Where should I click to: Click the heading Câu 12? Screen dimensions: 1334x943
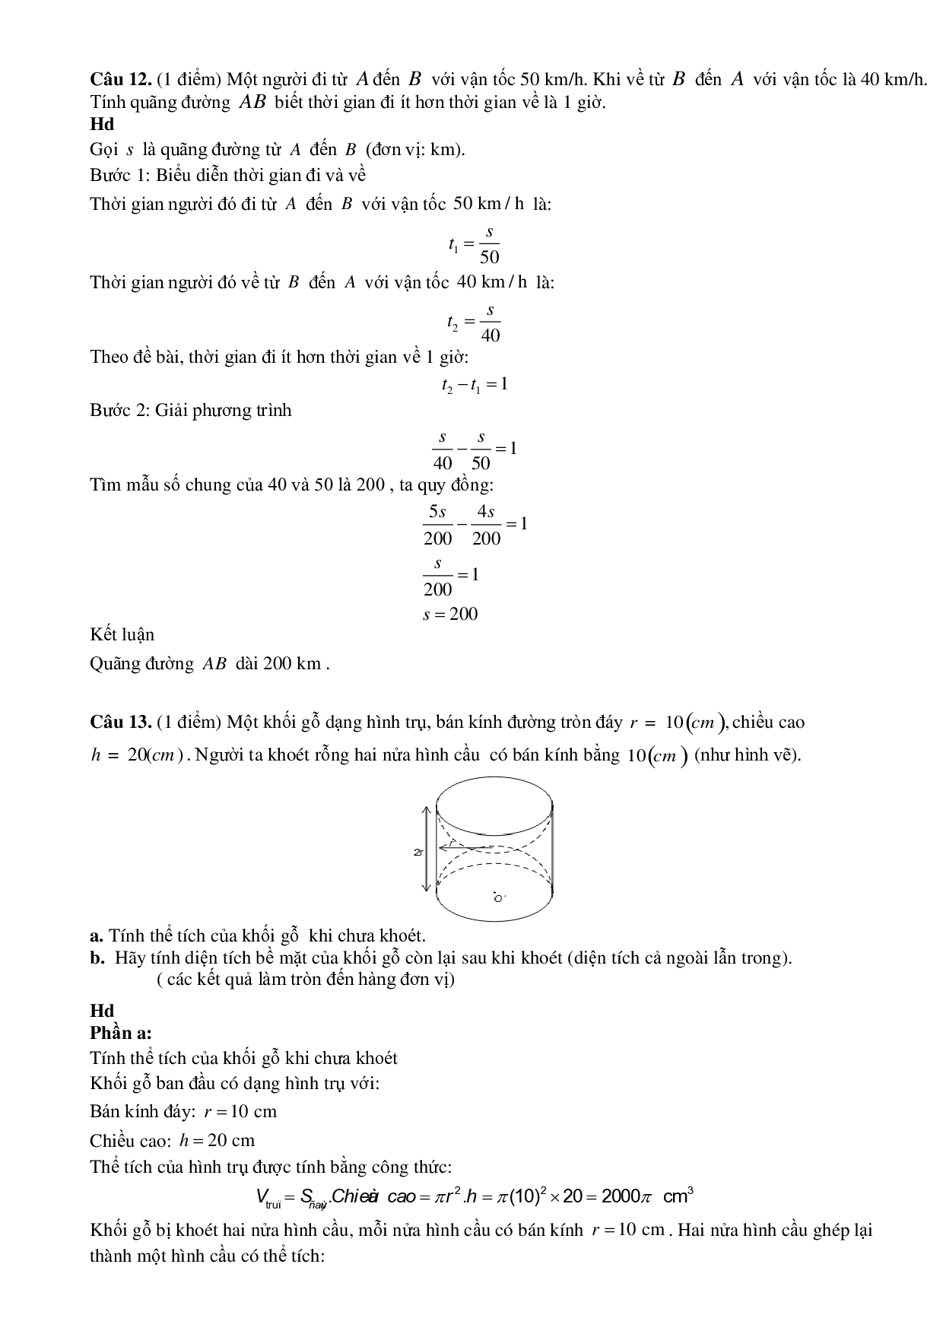(x=113, y=79)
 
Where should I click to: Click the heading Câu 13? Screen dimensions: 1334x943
(x=113, y=721)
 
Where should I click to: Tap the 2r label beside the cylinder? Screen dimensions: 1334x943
(x=418, y=852)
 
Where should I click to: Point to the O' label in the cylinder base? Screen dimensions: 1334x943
(x=499, y=898)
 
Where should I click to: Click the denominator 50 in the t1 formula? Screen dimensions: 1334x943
(x=490, y=257)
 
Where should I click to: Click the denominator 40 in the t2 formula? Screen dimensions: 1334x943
(x=491, y=335)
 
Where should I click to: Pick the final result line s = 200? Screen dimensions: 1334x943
(x=450, y=615)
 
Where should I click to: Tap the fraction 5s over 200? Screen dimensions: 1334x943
(x=437, y=525)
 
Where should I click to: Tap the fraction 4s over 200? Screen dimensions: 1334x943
(x=486, y=525)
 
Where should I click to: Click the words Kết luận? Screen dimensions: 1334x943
(x=122, y=634)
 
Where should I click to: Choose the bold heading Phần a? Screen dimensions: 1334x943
(x=120, y=1033)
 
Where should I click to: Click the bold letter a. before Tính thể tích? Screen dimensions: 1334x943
(x=96, y=935)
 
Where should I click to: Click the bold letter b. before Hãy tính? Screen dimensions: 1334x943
(x=97, y=958)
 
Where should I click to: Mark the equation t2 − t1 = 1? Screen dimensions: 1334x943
(x=474, y=384)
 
